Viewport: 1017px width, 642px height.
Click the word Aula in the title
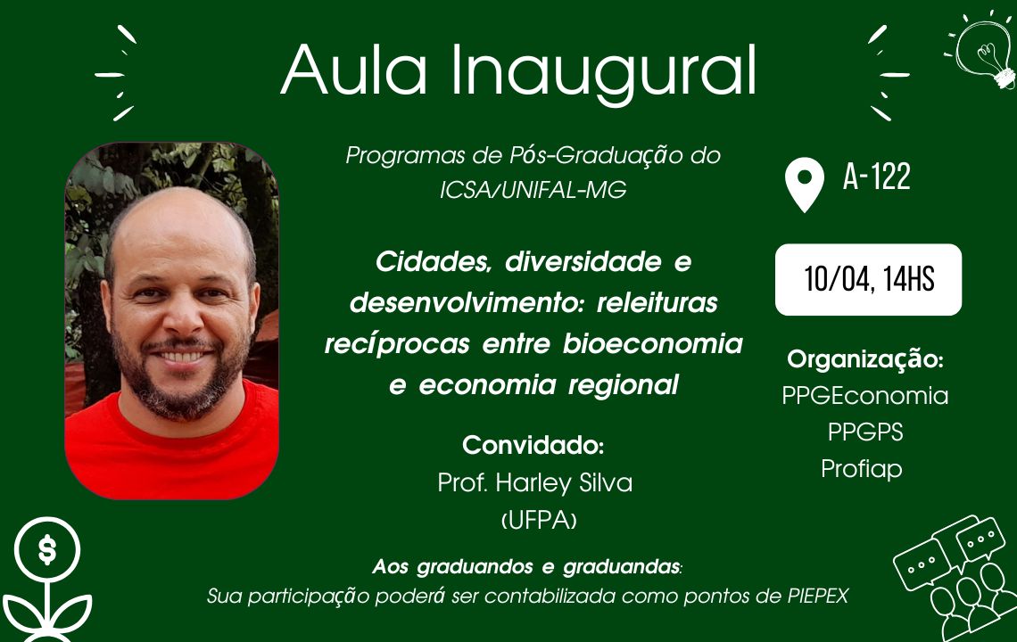coord(354,70)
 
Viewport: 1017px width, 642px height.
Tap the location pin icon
coord(805,185)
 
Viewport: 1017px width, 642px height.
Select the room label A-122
coord(877,177)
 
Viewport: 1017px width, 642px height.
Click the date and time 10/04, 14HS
coord(869,279)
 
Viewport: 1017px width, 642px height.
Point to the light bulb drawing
coord(983,52)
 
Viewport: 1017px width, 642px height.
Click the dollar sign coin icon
coord(46,550)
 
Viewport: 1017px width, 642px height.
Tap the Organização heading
coord(865,359)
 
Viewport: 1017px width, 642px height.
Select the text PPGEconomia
coord(865,396)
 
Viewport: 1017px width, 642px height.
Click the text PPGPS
coord(865,432)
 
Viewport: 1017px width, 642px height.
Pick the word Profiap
coord(862,469)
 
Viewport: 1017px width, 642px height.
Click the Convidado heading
coord(533,446)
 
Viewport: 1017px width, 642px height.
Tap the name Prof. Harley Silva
coord(535,483)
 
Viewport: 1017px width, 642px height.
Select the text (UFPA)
coord(539,520)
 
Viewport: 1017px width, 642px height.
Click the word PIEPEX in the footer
coord(818,596)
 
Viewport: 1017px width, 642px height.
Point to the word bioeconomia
coord(652,343)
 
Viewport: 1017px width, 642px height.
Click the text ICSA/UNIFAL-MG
coord(533,189)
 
